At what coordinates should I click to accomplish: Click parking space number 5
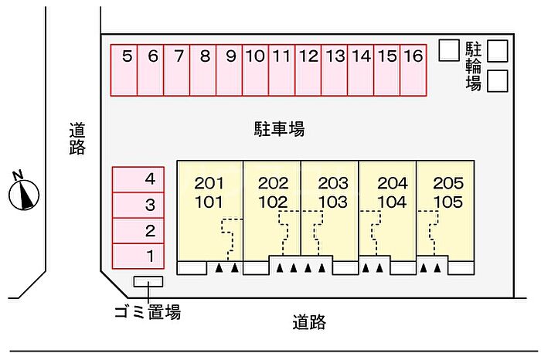[x=124, y=70]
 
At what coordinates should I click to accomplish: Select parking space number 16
[x=413, y=70]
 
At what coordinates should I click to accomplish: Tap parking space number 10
[x=255, y=70]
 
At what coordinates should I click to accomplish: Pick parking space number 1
[x=138, y=256]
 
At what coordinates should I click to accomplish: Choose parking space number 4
[x=138, y=180]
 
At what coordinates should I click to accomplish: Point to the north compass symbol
[x=23, y=192]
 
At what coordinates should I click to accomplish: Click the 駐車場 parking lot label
[x=280, y=129]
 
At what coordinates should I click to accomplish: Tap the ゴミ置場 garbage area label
[x=148, y=312]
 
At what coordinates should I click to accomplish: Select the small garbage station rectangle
[x=148, y=281]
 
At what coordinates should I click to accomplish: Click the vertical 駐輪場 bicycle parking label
[x=473, y=66]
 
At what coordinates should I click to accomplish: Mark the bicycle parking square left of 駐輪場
[x=449, y=50]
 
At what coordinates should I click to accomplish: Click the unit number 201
[x=209, y=183]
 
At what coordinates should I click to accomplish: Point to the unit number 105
[x=447, y=202]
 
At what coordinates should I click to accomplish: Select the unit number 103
[x=333, y=202]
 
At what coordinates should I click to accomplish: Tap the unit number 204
[x=393, y=183]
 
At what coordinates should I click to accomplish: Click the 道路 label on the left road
[x=77, y=138]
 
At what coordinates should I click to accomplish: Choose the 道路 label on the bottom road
[x=309, y=322]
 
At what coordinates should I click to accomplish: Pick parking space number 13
[x=335, y=70]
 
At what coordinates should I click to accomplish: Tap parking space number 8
[x=202, y=70]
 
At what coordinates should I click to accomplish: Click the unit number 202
[x=273, y=183]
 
